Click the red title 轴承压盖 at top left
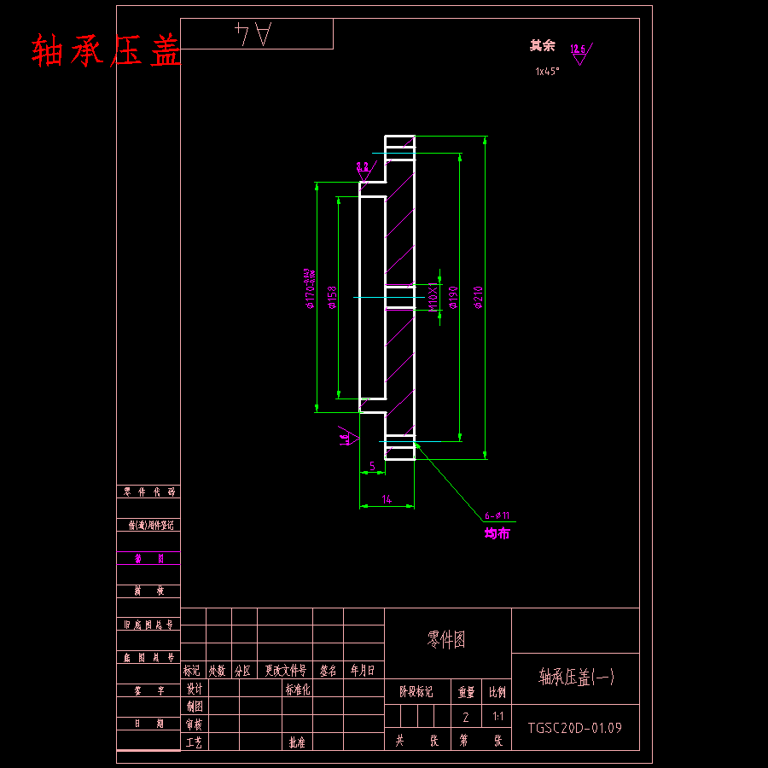click(x=107, y=52)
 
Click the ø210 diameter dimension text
click(x=479, y=296)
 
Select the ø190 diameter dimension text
click(x=453, y=296)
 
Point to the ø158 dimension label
click(x=333, y=296)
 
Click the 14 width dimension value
click(x=387, y=499)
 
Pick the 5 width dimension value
click(x=372, y=466)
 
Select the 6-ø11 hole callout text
click(x=497, y=515)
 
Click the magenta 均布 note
click(x=497, y=533)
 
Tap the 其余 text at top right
click(x=542, y=46)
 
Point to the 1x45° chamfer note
click(x=547, y=72)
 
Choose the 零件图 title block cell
click(x=446, y=640)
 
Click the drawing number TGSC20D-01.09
click(x=574, y=728)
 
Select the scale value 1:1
click(x=498, y=718)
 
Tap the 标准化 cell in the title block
click(x=298, y=689)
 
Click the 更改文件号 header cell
click(x=285, y=671)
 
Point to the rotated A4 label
click(x=253, y=35)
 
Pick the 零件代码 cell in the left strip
click(x=148, y=492)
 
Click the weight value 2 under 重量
click(x=466, y=718)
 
